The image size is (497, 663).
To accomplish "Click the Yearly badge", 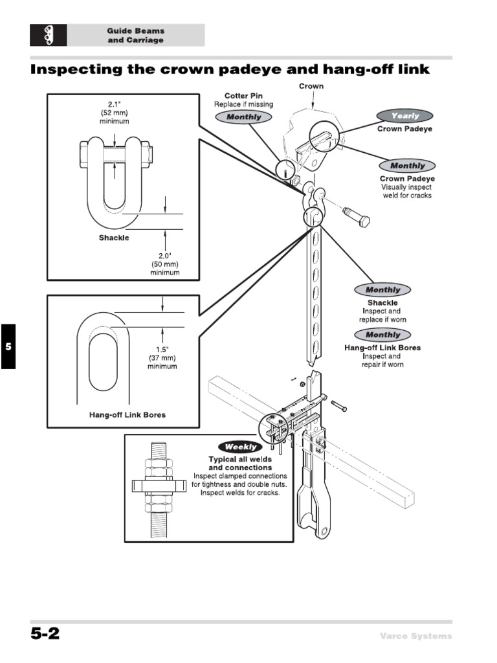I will tap(404, 116).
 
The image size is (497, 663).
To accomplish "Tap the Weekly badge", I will tap(241, 447).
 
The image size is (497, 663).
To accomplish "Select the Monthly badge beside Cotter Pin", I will tap(243, 117).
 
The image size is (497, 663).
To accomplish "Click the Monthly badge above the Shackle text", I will tap(382, 290).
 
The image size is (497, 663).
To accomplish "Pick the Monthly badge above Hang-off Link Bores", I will tap(382, 335).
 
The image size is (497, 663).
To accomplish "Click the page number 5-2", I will tap(45, 635).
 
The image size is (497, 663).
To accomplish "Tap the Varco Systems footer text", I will tap(415, 636).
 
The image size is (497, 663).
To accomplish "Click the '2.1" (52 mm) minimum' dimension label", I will tap(115, 113).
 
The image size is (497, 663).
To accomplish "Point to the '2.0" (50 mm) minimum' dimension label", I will tap(164, 264).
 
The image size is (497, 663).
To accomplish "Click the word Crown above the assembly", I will tap(311, 86).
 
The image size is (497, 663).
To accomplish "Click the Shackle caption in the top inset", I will tap(114, 238).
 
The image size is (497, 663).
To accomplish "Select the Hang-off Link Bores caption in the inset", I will tap(127, 415).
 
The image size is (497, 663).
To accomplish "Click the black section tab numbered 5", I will tap(8, 346).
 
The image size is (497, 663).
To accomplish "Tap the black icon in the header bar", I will tap(48, 35).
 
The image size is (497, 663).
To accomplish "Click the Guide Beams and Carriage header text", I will tap(136, 36).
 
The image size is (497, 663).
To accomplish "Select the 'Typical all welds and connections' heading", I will tap(239, 463).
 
